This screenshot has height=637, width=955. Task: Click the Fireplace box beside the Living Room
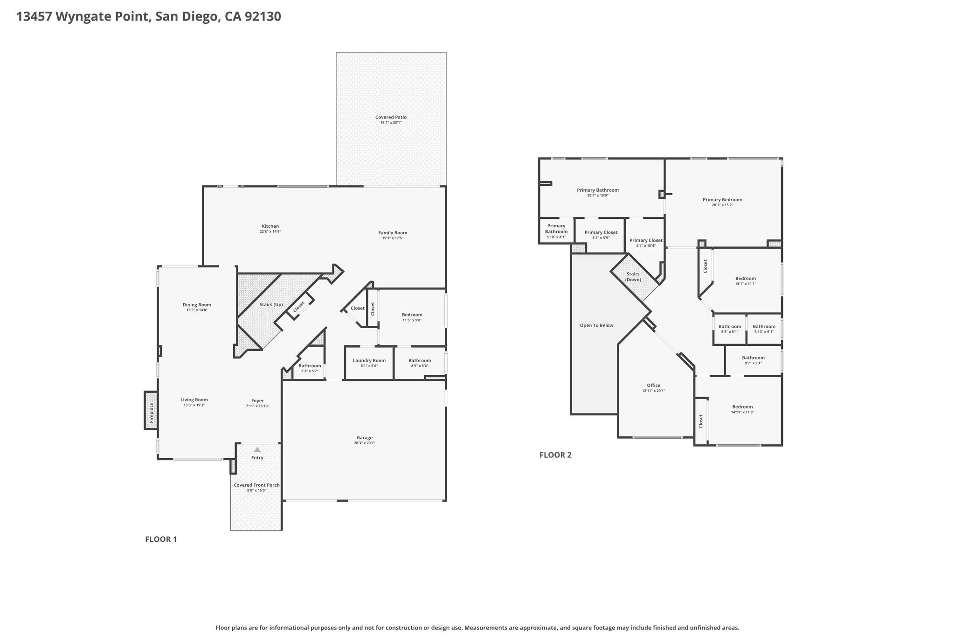151,410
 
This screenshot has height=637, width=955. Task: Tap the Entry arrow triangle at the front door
257,449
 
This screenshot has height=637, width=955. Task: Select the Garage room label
365,438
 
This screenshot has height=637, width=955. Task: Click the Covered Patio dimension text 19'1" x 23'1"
391,122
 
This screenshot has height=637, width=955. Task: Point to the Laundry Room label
369,360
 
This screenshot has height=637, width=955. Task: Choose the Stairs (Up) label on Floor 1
271,305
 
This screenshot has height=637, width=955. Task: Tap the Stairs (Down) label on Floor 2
633,277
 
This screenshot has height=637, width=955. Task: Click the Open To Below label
596,325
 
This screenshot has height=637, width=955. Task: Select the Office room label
654,385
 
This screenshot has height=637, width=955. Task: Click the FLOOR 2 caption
555,455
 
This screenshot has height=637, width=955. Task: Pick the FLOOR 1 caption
161,539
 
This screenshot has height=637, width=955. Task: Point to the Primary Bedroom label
722,200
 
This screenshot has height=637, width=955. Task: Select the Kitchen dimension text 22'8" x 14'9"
270,231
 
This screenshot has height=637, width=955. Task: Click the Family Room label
393,233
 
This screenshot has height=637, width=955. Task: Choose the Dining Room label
197,305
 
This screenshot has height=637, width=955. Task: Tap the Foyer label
257,400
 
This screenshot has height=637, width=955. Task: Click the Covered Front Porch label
256,485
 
